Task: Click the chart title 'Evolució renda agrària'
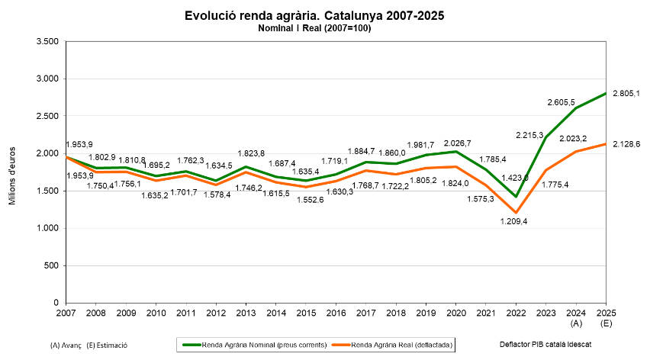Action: (314, 15)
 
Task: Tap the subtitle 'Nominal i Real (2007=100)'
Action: (314, 28)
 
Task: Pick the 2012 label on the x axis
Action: (216, 313)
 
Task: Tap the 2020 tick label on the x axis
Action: (456, 313)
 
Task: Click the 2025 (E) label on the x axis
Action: (606, 318)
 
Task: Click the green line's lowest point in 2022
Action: (516, 196)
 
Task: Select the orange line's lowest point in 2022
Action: (516, 212)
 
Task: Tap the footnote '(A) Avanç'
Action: (66, 345)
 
